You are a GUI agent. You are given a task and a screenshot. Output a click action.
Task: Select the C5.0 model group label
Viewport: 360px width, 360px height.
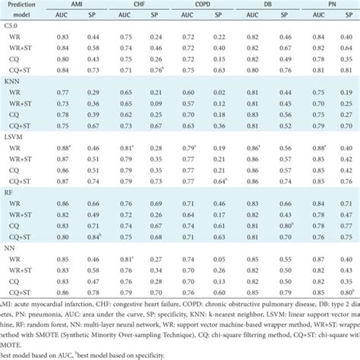click(x=11, y=26)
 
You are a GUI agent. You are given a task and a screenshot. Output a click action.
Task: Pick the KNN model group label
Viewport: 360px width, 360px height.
click(x=12, y=80)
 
